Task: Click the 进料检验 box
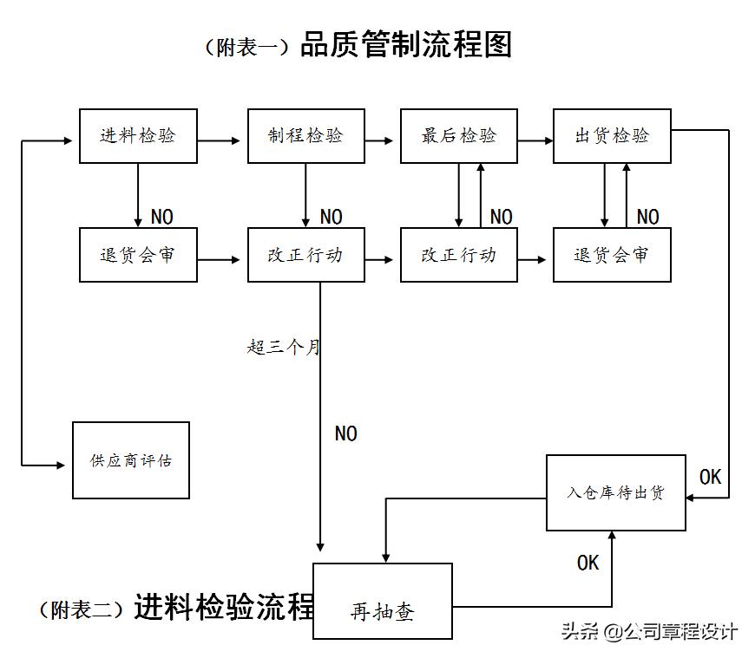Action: coord(138,136)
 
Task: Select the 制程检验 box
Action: coord(306,136)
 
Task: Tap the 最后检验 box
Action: coord(459,136)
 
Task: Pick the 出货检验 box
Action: coord(612,136)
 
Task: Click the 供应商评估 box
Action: coord(131,460)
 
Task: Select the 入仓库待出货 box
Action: coord(615,492)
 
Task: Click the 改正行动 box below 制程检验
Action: coord(306,255)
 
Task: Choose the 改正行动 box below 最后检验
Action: coord(459,255)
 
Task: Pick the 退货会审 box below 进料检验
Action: coord(138,255)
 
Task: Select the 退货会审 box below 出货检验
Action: coord(612,255)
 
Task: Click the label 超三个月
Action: coord(283,348)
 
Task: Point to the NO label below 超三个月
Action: coord(345,433)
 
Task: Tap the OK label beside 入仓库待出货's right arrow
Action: coord(710,477)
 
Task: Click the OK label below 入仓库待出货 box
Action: coord(588,564)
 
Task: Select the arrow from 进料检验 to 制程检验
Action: coord(221,140)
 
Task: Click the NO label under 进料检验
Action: coord(161,217)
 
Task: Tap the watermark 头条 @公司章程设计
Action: coord(649,631)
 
